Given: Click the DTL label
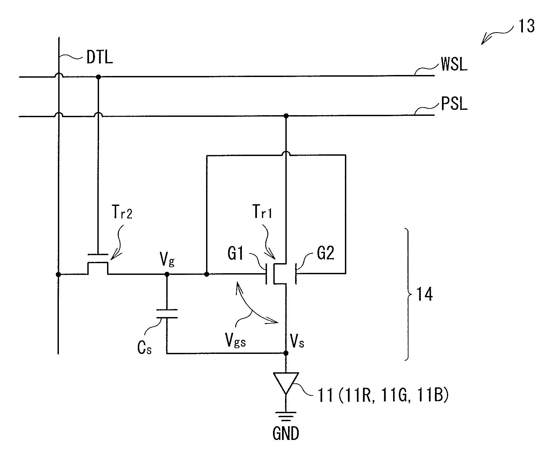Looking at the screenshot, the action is click(x=100, y=57).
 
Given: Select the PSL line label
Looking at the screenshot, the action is click(x=454, y=104).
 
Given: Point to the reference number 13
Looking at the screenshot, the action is click(x=526, y=26).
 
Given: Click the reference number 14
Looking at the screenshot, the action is click(x=424, y=295).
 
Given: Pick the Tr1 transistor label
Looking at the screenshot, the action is click(x=262, y=212).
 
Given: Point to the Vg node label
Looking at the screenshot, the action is click(x=167, y=260).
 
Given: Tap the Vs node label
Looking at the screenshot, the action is click(x=297, y=342).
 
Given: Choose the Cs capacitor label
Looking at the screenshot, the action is click(x=145, y=348).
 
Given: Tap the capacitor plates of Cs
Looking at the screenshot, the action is click(x=167, y=314).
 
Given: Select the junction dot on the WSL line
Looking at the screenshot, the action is click(x=98, y=77).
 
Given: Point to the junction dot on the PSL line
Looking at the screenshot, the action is click(x=286, y=116).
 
